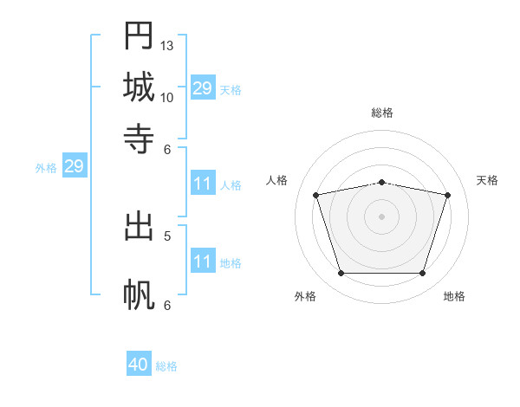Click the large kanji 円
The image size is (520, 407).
coord(139,36)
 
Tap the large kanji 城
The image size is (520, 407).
coord(139,87)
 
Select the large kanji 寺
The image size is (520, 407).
coord(139,139)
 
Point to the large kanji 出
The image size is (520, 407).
coord(139,227)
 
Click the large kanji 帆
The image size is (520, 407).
coord(139,294)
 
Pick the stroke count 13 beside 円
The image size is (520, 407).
coord(166,46)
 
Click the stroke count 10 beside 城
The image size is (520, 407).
coord(166,98)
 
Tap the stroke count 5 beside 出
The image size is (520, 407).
coord(167,236)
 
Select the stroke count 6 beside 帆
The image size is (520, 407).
coord(167,306)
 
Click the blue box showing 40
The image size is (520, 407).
coord(139,363)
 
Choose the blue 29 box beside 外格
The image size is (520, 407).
coord(75,165)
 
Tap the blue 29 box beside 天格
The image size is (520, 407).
coord(203,87)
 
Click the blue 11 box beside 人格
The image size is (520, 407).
coord(203,183)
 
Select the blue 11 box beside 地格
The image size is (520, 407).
coord(203,260)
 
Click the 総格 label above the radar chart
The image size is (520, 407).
coord(382,113)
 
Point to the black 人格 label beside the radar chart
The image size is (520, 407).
coord(276,180)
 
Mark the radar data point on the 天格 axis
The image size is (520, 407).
coord(448,195)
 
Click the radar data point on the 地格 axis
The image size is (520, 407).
coord(423,274)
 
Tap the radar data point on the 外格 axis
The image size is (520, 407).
coord(341,274)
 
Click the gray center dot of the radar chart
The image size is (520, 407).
coord(381,216)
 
